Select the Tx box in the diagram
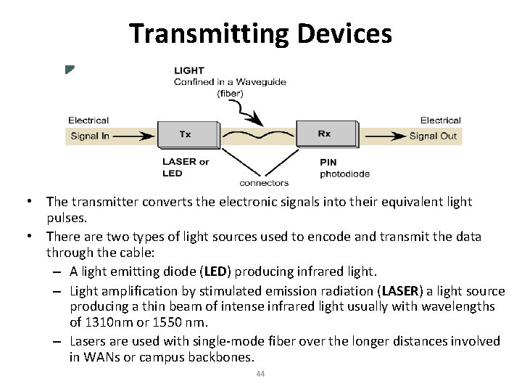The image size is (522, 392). pyautogui.click(x=186, y=134)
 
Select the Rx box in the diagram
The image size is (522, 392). pyautogui.click(x=325, y=134)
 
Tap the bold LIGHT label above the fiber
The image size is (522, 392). pyautogui.click(x=189, y=71)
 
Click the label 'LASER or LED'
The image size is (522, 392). pyautogui.click(x=186, y=167)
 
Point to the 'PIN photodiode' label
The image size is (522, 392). pyautogui.click(x=344, y=168)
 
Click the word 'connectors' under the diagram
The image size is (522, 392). pyautogui.click(x=264, y=183)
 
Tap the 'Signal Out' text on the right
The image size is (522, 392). pyautogui.click(x=434, y=136)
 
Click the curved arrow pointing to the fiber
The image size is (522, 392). pyautogui.click(x=246, y=113)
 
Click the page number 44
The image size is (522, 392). pyautogui.click(x=261, y=374)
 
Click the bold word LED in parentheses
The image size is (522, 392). pyautogui.click(x=215, y=271)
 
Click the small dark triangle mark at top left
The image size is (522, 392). pyautogui.click(x=68, y=70)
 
